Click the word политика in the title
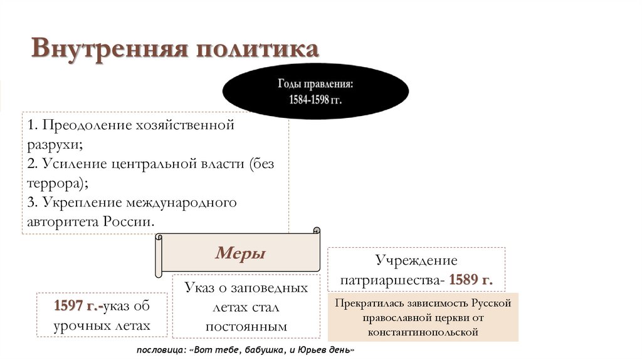256,50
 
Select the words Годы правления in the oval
315,84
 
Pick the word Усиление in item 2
71,164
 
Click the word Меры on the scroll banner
240,253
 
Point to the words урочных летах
102,326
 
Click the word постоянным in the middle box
246,327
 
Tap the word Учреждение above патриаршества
416,260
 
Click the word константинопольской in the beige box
423,332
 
